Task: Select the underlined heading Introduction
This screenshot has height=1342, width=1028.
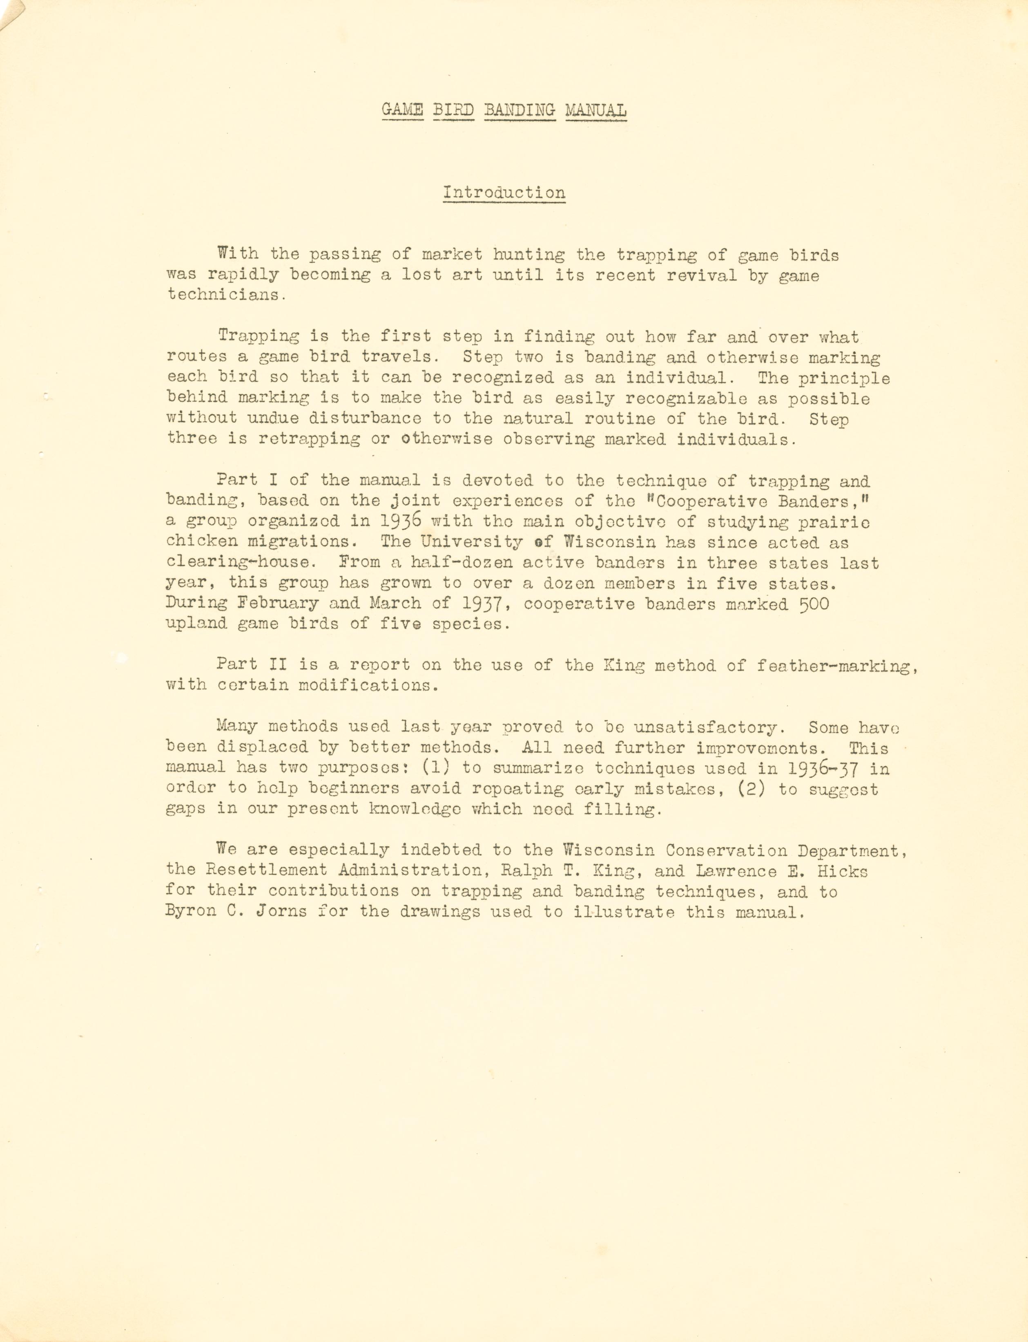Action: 504,192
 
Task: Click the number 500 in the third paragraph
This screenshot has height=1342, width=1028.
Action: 814,604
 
